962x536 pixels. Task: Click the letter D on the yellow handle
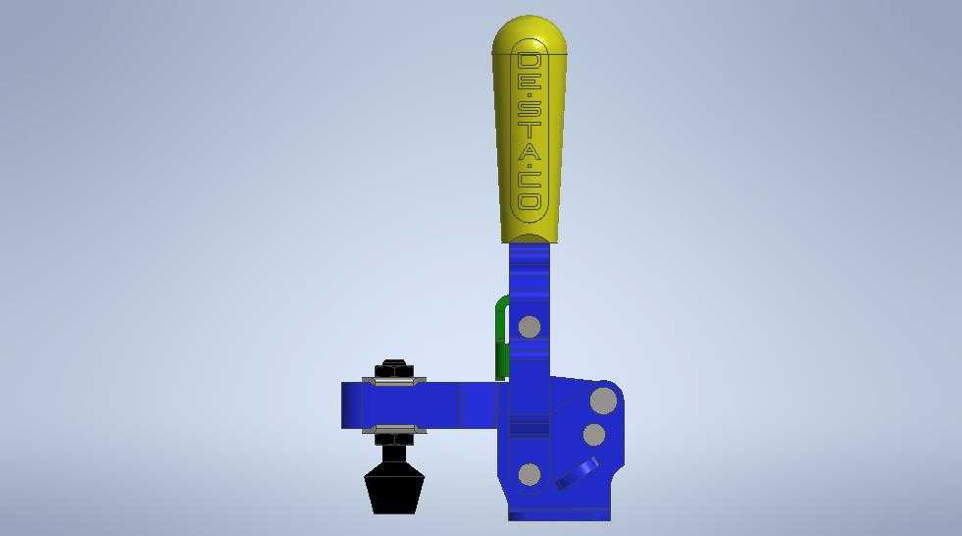[x=529, y=62]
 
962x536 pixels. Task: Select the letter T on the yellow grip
[x=529, y=131]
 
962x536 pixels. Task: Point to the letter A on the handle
[x=529, y=150]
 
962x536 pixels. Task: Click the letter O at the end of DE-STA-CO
[x=530, y=202]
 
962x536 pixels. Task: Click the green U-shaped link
[x=501, y=335]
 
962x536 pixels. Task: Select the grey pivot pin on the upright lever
[x=530, y=327]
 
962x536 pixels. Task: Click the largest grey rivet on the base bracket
[x=604, y=402]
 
